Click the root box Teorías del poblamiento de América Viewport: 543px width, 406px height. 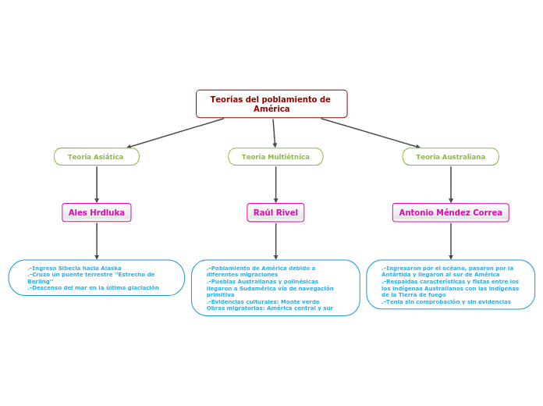pyautogui.click(x=271, y=104)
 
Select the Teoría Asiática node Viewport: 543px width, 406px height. pyautogui.click(x=96, y=157)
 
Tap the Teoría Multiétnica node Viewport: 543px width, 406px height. pyautogui.click(x=275, y=157)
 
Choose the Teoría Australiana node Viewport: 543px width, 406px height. pyautogui.click(x=450, y=157)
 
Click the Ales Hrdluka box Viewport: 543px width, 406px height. pyautogui.click(x=97, y=212)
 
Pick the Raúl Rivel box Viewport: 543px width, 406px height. pyautogui.click(x=275, y=212)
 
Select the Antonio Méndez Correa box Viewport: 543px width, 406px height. pyautogui.click(x=450, y=212)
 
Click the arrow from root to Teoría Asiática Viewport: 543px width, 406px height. pyautogui.click(x=176, y=133)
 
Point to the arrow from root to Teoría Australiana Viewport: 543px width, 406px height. pyautogui.click(x=371, y=133)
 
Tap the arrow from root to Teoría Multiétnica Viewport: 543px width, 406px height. pyautogui.click(x=274, y=133)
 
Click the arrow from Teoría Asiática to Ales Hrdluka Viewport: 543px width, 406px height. pyautogui.click(x=97, y=184)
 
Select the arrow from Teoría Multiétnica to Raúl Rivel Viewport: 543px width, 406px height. pyautogui.click(x=275, y=184)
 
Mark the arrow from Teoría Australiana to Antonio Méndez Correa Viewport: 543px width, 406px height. pyautogui.click(x=451, y=184)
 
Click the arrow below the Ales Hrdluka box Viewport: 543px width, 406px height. pyautogui.click(x=97, y=240)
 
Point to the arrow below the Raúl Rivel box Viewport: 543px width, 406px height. pyautogui.click(x=275, y=240)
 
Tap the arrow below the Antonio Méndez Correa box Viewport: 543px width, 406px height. pyautogui.click(x=451, y=240)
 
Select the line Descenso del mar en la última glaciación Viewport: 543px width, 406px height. pyautogui.click(x=94, y=287)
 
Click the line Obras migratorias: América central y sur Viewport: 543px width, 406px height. pyautogui.click(x=270, y=308)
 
